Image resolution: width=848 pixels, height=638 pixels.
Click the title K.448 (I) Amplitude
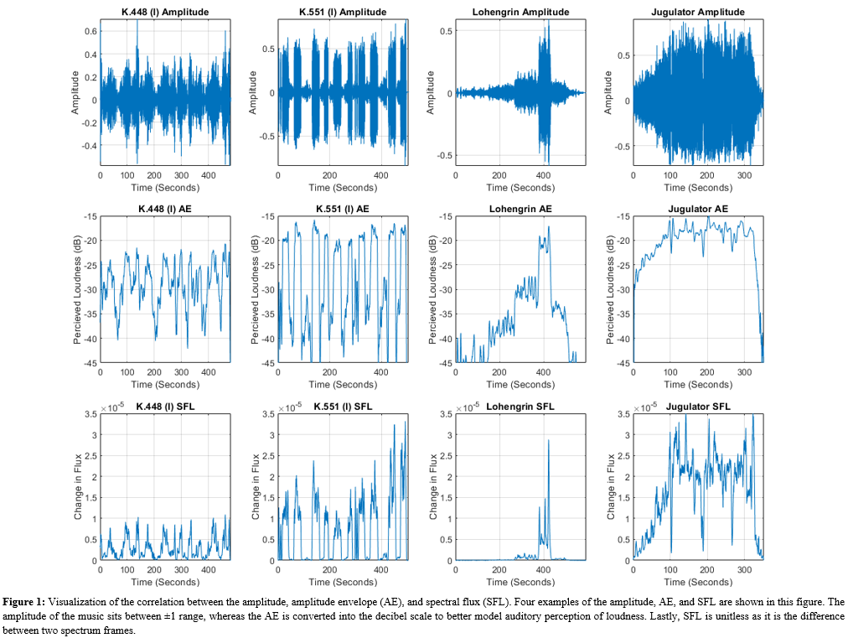pos(165,12)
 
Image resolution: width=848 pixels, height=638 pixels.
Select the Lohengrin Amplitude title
pos(520,12)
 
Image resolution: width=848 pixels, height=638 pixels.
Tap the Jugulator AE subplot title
pos(698,209)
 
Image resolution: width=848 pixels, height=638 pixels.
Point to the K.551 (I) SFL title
pos(343,407)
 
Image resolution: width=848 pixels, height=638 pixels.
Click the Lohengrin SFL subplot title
pos(520,407)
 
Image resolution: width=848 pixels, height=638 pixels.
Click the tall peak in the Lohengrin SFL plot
pos(549,442)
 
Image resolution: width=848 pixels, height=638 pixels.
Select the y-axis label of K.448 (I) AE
pos(77,289)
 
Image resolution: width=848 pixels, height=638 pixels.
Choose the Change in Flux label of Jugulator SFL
pos(611,487)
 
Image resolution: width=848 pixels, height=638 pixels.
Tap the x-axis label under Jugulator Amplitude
pos(698,187)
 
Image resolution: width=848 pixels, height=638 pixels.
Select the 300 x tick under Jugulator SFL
pos(744,570)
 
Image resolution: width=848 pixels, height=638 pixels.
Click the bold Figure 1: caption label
pos(24,602)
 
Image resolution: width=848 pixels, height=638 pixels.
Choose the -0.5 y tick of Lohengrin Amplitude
pos(445,155)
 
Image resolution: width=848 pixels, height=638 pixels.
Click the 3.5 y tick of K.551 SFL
pos(267,414)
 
